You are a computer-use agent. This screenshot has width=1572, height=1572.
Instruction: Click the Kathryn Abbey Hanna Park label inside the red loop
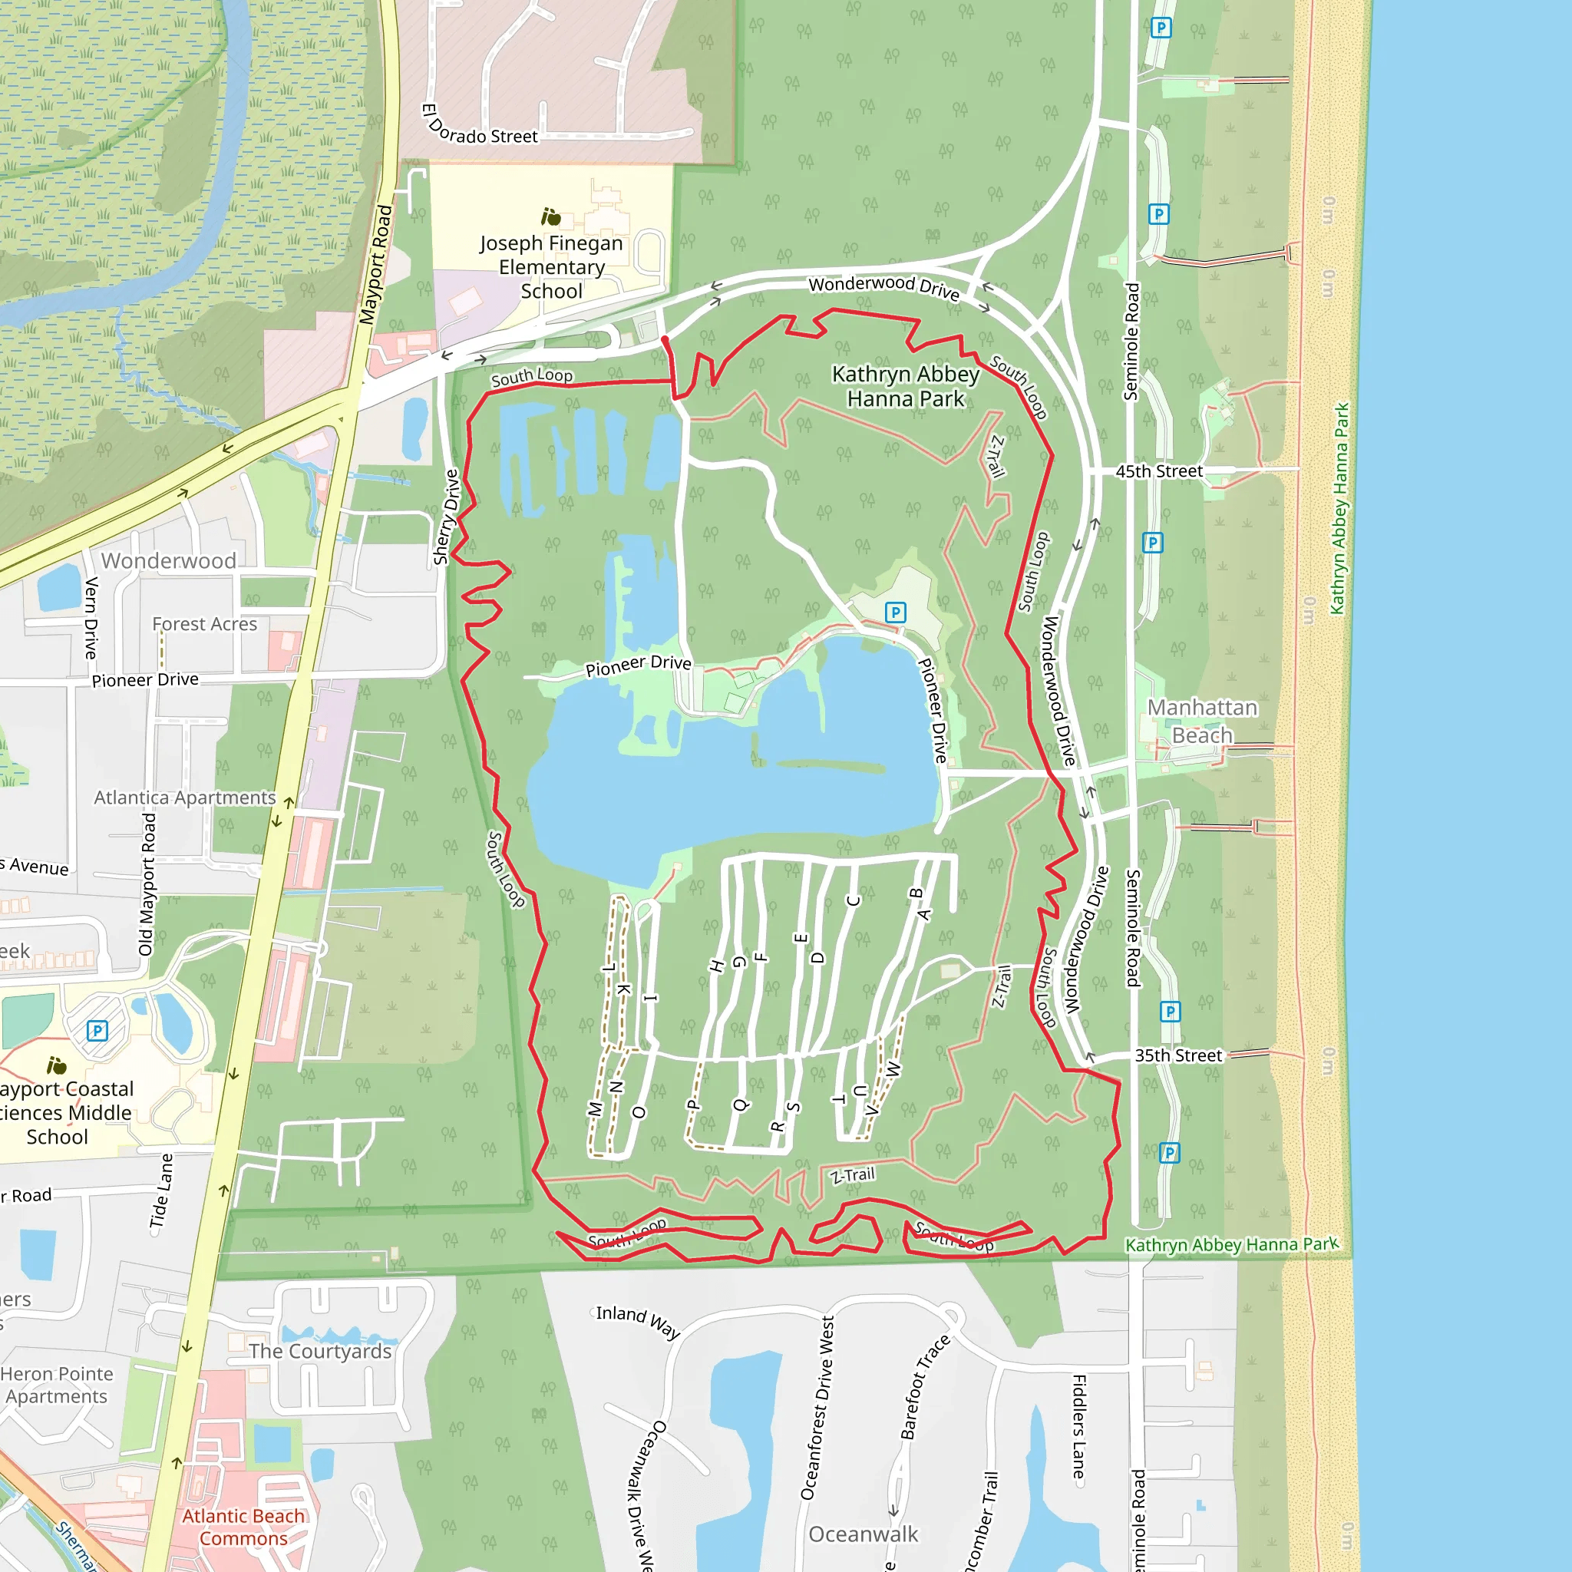pyautogui.click(x=905, y=387)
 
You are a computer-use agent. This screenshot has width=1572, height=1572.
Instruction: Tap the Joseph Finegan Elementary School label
pyautogui.click(x=551, y=267)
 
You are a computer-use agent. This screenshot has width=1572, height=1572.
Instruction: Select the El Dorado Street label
pyautogui.click(x=480, y=126)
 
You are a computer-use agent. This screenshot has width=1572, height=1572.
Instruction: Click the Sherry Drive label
pyautogui.click(x=446, y=517)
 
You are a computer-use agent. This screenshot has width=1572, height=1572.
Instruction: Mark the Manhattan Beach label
pyautogui.click(x=1202, y=722)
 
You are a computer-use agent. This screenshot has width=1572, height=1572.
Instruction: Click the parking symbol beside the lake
pyautogui.click(x=895, y=612)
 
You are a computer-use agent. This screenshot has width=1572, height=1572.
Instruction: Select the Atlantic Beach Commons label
pyautogui.click(x=243, y=1527)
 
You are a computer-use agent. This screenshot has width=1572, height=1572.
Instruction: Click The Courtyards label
pyautogui.click(x=320, y=1352)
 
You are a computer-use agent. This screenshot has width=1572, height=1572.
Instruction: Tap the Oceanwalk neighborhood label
pyautogui.click(x=863, y=1534)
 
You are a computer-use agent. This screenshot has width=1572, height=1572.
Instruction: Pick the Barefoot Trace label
pyautogui.click(x=924, y=1387)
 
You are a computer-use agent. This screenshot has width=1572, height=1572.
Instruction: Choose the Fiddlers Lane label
pyautogui.click(x=1079, y=1426)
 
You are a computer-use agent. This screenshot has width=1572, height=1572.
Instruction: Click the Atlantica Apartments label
pyautogui.click(x=185, y=798)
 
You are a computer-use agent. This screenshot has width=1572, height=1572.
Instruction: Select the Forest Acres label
pyautogui.click(x=204, y=624)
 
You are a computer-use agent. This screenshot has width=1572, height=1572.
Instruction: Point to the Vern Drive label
pyautogui.click(x=91, y=619)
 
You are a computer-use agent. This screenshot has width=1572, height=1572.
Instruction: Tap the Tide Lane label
pyautogui.click(x=161, y=1191)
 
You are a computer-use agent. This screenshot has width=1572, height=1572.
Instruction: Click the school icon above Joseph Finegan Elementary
pyautogui.click(x=551, y=217)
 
